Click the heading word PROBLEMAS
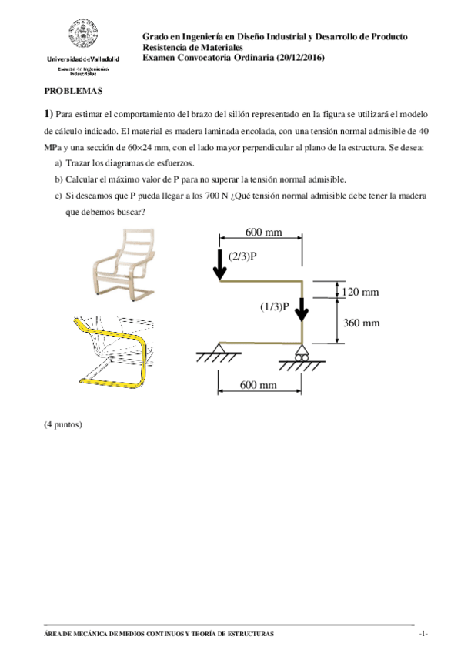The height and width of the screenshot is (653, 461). (74, 90)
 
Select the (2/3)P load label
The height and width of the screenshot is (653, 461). (242, 255)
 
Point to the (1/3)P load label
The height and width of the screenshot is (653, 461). (274, 306)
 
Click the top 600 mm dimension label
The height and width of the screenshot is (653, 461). (263, 232)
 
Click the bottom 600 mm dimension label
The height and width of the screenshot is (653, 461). (259, 383)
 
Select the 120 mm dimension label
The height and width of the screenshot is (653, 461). (362, 292)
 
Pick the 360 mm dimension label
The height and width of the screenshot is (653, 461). (362, 323)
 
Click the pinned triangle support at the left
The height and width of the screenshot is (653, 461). (220, 351)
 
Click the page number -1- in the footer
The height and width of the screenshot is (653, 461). (423, 633)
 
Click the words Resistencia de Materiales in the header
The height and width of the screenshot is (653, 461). (188, 47)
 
